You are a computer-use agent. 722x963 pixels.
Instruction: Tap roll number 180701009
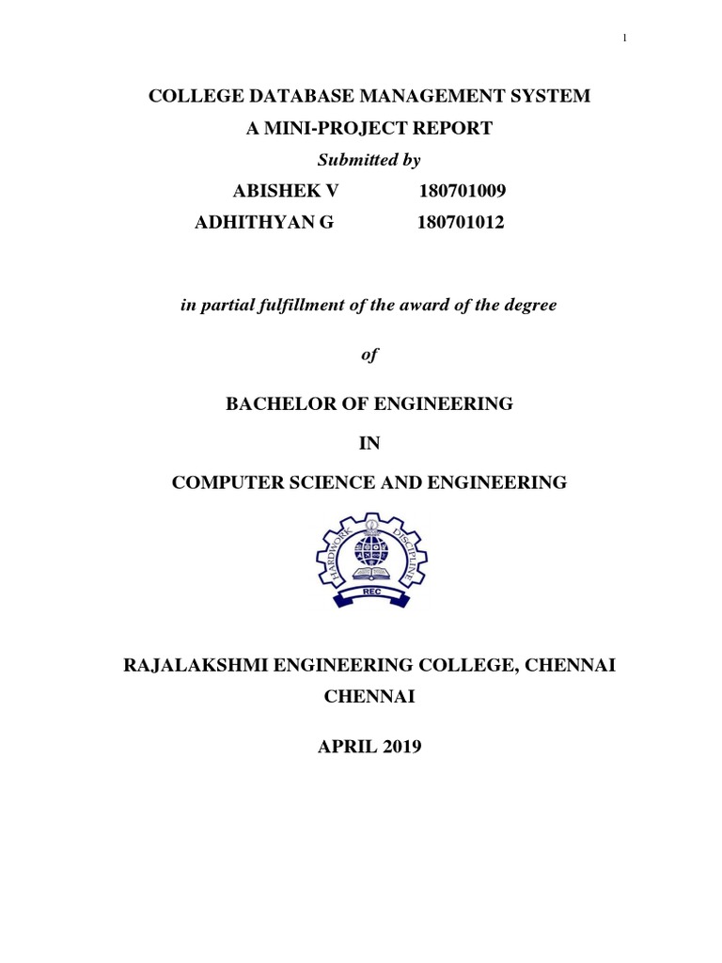(x=463, y=192)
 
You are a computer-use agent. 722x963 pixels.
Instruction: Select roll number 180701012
(x=463, y=222)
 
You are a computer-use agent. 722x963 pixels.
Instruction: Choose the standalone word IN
(x=368, y=443)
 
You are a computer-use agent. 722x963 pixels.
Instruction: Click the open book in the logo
(x=368, y=571)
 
